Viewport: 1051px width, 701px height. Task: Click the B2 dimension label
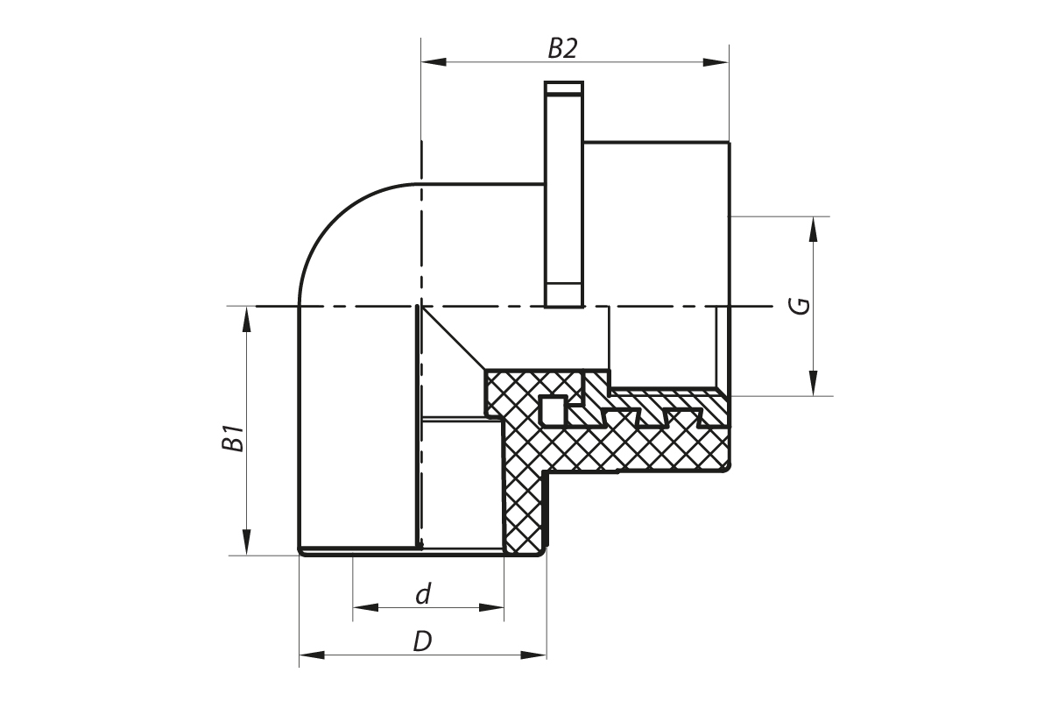(x=562, y=48)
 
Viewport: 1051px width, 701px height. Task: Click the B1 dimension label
(x=233, y=437)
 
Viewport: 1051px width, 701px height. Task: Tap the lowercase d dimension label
(x=424, y=594)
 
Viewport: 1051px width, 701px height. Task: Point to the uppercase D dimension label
(x=422, y=641)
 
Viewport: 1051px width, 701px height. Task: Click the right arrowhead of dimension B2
(x=716, y=62)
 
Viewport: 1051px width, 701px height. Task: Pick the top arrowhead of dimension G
(x=814, y=229)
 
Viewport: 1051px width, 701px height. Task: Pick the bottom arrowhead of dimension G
(x=814, y=383)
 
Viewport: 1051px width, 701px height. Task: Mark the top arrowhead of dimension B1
(x=246, y=319)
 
